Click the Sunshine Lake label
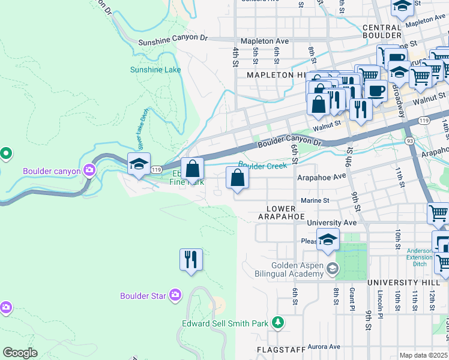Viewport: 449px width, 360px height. [155, 70]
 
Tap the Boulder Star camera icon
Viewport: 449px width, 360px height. [175, 295]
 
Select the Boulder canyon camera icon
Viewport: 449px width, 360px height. [89, 171]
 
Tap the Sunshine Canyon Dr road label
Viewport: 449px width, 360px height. [172, 43]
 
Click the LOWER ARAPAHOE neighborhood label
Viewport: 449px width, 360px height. [282, 212]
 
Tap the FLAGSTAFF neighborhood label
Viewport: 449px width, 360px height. [277, 349]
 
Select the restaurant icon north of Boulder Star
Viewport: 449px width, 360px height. [191, 260]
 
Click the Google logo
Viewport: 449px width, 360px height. [20, 353]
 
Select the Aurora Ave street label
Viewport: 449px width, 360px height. [324, 347]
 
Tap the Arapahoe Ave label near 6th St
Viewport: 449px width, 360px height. [322, 177]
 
